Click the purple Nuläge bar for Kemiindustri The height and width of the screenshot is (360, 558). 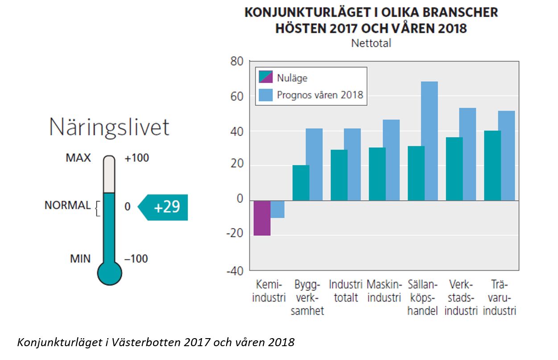coord(262,218)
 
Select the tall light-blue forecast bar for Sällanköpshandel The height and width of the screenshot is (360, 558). coord(429,141)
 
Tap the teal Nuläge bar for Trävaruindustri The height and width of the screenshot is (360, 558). coord(492,166)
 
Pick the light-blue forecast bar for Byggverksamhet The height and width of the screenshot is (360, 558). coord(314,165)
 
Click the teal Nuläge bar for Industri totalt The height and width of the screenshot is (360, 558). coord(339,175)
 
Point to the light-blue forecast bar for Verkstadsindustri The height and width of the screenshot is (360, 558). coord(467,154)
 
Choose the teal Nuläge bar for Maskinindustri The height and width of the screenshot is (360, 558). coord(377,174)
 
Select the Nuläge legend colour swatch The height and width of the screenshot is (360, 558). coord(265,78)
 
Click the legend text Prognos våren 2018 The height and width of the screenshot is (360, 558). coord(320,95)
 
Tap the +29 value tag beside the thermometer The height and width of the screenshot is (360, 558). coord(166,207)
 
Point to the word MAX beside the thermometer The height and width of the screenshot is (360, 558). coord(78,158)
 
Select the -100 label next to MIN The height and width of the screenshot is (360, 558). coord(136,259)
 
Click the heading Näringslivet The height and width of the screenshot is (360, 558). coord(109,127)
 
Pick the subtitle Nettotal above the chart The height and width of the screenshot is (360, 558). coord(371,44)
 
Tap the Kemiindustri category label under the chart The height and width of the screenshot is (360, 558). coord(269,291)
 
